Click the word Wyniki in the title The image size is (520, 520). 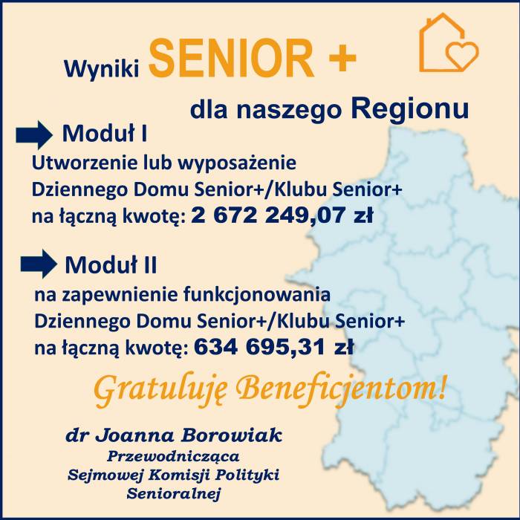102,70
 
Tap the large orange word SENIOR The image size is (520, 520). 232,59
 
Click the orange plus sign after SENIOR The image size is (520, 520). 342,59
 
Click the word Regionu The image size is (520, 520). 410,108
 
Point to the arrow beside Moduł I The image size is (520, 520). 34,134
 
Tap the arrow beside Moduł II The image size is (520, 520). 39,264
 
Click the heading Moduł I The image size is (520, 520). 105,133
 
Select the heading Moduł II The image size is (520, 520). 111,265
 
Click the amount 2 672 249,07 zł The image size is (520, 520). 282,215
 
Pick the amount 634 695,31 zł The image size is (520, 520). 274,347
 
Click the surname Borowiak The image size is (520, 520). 232,435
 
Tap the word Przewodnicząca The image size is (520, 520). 173,457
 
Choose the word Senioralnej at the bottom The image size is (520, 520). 173,494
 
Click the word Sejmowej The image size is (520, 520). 105,475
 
